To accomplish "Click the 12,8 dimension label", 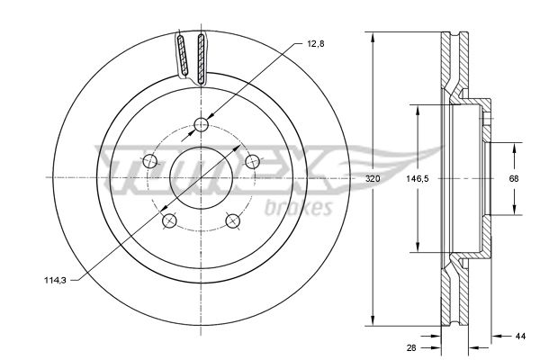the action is tap(316, 44).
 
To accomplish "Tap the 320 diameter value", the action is tap(373, 179).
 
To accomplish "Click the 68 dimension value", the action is tap(514, 179).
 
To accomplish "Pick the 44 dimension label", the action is tap(521, 337).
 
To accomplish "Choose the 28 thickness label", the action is tap(411, 348).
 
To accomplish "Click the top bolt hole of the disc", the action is tap(201, 125).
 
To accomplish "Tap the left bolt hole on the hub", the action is tap(149, 161).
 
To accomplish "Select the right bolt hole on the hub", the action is tap(252, 161).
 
